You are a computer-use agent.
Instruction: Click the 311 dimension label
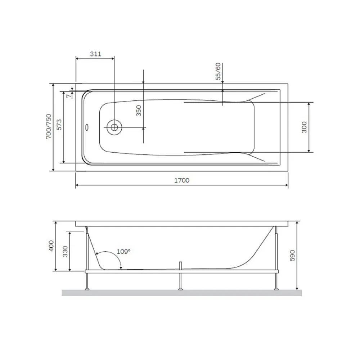click(x=95, y=54)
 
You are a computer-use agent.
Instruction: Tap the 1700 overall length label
click(x=182, y=180)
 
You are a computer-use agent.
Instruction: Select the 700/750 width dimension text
click(x=49, y=126)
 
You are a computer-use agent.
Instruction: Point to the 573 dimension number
click(x=59, y=125)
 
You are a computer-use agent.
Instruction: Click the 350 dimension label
click(x=139, y=111)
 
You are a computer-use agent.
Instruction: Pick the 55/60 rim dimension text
click(x=218, y=71)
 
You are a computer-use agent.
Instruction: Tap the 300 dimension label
click(x=304, y=127)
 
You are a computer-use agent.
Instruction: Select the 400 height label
click(x=51, y=246)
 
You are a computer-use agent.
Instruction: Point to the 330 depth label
click(x=66, y=251)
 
